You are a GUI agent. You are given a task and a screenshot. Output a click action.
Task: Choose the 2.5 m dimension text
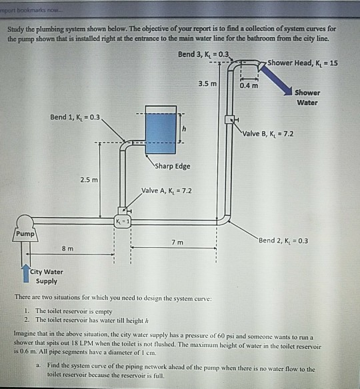(89, 180)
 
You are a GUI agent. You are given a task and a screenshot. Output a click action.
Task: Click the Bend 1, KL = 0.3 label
(75, 117)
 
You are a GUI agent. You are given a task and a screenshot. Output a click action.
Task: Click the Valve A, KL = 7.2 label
(167, 190)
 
